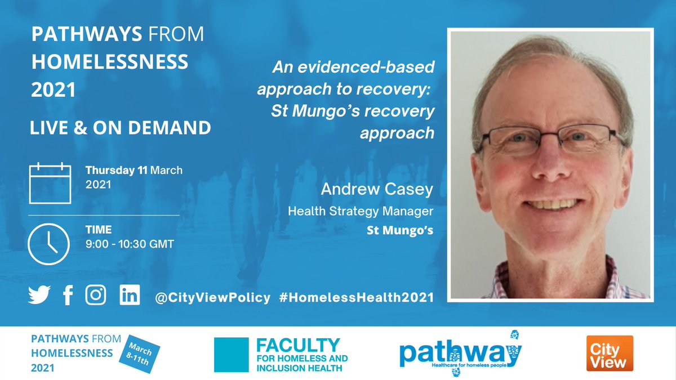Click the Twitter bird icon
coord(39,296)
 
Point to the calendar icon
coord(50,183)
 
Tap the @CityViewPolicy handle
coord(212,297)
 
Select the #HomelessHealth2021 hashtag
coord(356,297)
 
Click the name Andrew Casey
coord(377,190)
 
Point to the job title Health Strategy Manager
coord(361,212)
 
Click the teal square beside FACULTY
coord(231,355)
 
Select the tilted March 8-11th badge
coord(139,353)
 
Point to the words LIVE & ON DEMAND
coord(121,128)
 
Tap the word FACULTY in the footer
coord(298,345)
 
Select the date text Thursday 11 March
coord(134,170)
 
